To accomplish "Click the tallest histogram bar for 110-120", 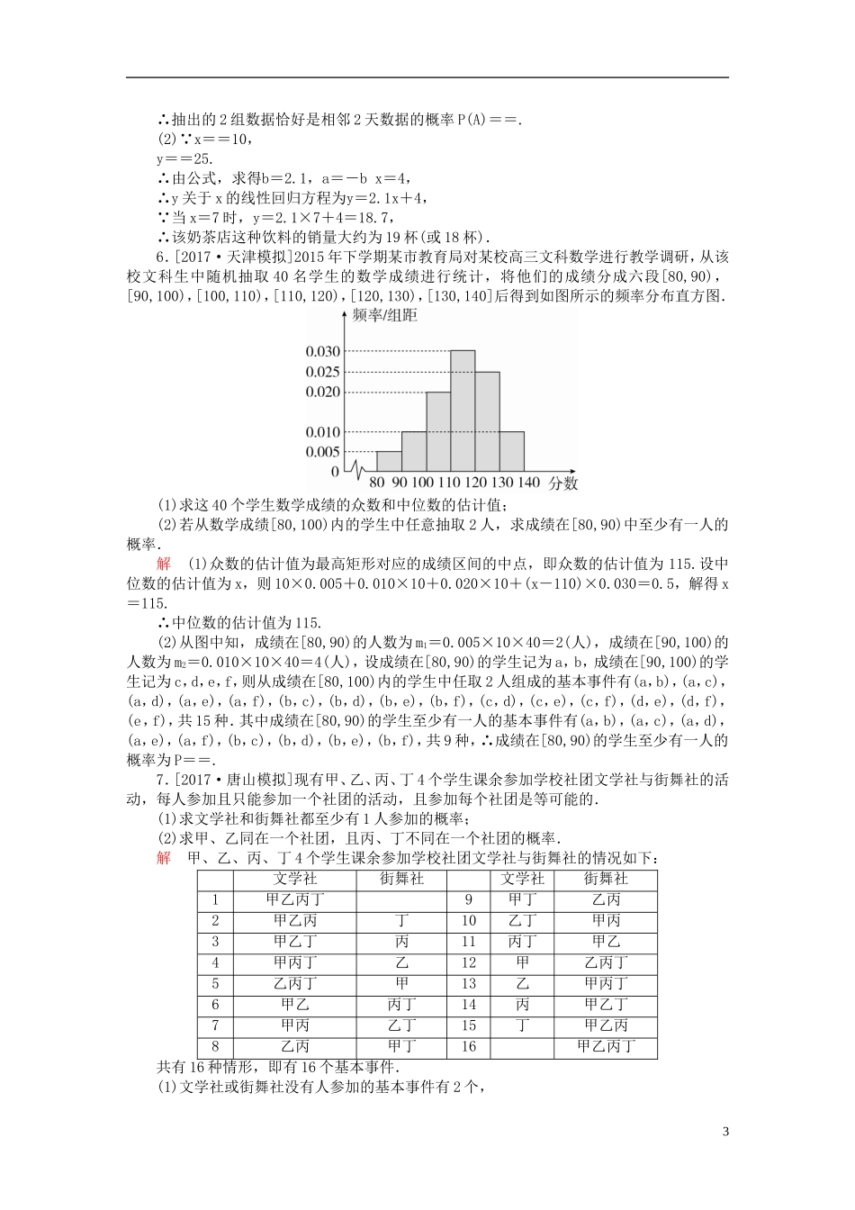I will click(463, 411).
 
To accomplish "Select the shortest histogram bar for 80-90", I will click(389, 461).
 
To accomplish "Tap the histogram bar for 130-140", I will click(511, 451).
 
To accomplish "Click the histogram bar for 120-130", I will click(487, 421).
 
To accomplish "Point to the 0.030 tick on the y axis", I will click(322, 352).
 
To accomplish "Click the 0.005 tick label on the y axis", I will click(322, 452).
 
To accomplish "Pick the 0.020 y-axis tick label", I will click(322, 392).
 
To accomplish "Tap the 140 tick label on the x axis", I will click(529, 483).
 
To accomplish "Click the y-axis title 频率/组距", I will click(385, 316).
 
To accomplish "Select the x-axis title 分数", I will click(563, 483).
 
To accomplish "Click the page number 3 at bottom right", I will click(725, 1132).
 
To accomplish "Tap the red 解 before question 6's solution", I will click(163, 564).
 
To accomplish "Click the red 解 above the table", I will click(163, 858).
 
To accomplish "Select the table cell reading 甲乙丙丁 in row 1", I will click(295, 899).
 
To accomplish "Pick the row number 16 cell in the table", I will click(469, 1047).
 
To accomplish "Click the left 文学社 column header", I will click(295, 879).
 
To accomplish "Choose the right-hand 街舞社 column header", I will click(606, 879).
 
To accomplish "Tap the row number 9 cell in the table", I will click(469, 899).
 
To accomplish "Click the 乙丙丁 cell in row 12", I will click(606, 962).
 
